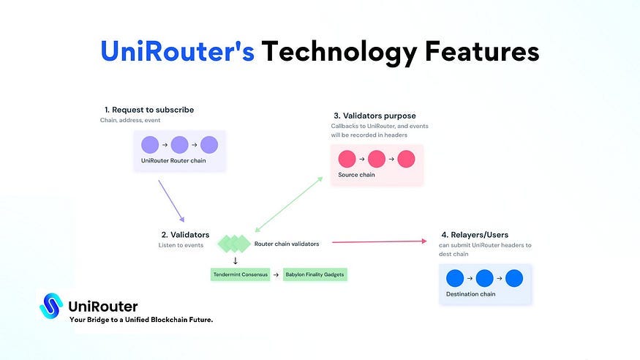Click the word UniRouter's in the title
[x=177, y=51]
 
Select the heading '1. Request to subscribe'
[x=149, y=110]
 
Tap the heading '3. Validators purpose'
[x=374, y=116]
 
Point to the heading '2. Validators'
[x=185, y=235]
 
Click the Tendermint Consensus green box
[x=240, y=274]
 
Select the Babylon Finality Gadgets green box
[x=314, y=274]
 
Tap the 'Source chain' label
[x=356, y=175]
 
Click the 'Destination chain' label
[x=470, y=294]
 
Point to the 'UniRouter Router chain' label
[x=173, y=160]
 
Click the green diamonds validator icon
[x=234, y=244]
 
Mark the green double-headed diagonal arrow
[x=288, y=204]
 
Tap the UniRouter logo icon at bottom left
[x=51, y=306]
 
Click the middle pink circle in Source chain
[x=377, y=159]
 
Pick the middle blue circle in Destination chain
[x=484, y=278]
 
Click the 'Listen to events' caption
[x=181, y=245]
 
